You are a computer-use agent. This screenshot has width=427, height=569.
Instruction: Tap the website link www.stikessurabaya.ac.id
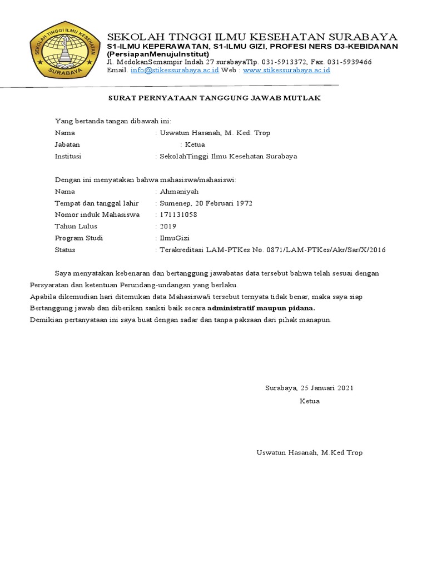286,71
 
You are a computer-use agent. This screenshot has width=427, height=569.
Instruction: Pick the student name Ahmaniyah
179,191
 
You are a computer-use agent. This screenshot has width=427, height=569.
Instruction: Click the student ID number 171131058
178,214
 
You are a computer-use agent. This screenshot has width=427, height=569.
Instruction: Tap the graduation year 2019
168,226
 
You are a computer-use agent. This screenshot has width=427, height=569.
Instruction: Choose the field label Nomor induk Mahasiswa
97,214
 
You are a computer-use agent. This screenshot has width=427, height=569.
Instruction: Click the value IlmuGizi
175,238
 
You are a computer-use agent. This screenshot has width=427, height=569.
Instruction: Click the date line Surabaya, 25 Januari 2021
309,388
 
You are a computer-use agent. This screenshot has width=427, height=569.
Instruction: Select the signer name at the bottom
309,452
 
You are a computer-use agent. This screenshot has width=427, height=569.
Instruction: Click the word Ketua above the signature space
310,401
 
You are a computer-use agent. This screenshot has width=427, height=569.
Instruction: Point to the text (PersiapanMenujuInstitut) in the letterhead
158,54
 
